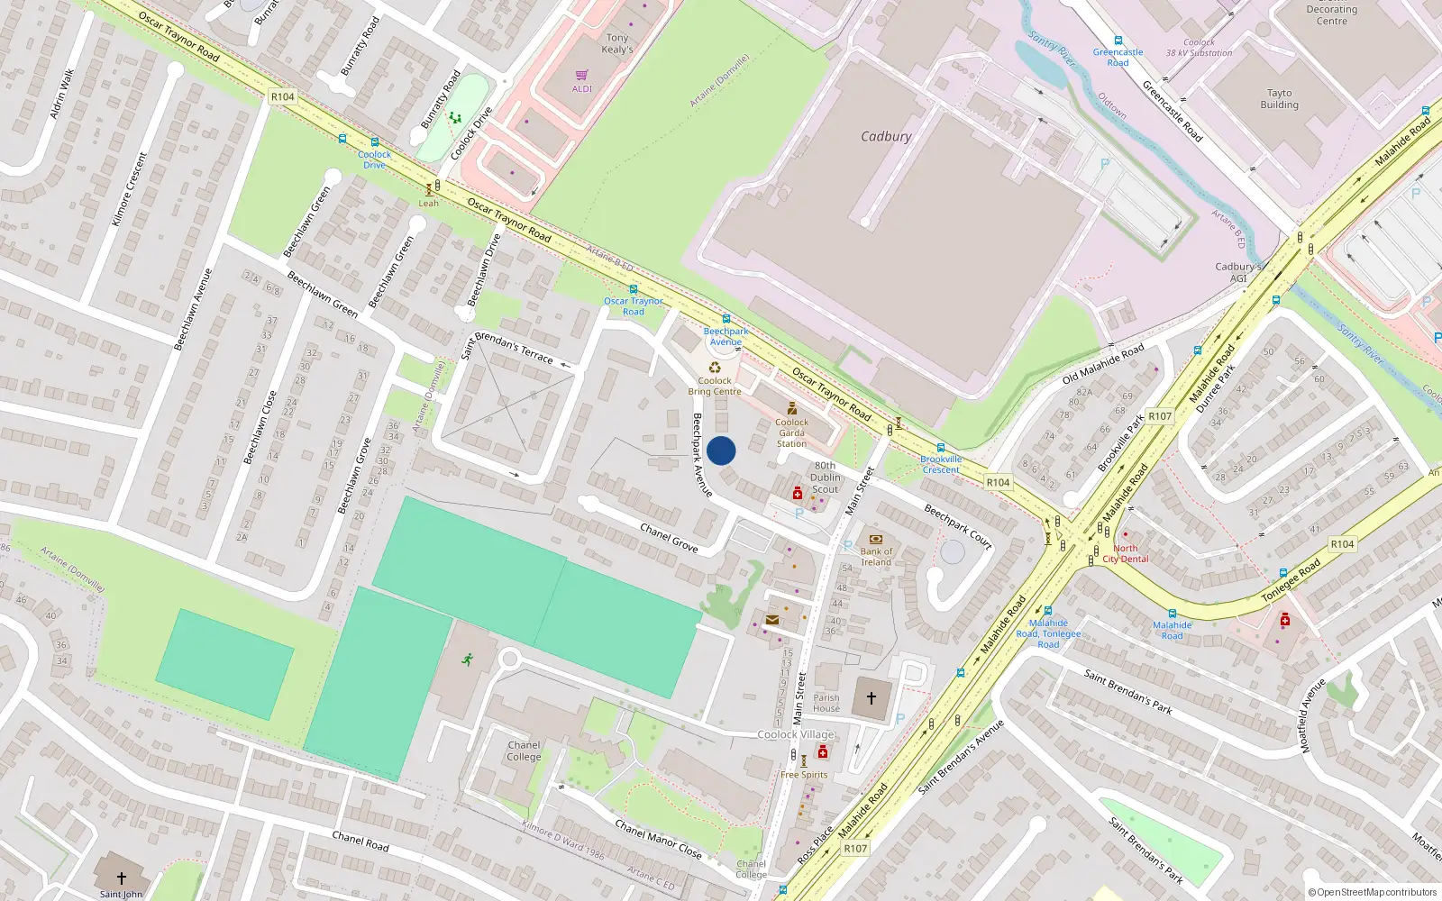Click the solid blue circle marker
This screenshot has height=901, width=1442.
[721, 450]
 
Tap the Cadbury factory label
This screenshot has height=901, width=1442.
[886, 137]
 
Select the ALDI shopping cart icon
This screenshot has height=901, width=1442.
[582, 75]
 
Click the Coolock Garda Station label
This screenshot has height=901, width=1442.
[792, 433]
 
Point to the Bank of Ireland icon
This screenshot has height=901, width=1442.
[875, 539]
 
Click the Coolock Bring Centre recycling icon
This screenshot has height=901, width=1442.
[715, 367]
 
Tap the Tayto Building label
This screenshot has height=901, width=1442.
[1279, 99]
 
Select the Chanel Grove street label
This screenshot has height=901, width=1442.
[669, 537]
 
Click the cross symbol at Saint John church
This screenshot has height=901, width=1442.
[122, 878]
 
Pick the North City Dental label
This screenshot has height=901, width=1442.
[1126, 553]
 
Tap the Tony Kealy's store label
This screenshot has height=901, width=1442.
[617, 44]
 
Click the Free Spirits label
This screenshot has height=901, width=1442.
[804, 775]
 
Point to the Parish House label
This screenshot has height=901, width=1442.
[826, 703]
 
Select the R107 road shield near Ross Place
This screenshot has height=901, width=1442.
[855, 849]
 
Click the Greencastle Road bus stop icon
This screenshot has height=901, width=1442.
[1118, 41]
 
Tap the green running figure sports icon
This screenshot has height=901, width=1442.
[467, 660]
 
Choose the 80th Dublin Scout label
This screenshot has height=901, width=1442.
[825, 478]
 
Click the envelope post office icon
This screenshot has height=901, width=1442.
[772, 620]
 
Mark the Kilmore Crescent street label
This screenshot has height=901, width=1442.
[129, 189]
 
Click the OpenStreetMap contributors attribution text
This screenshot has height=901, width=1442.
[1373, 893]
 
